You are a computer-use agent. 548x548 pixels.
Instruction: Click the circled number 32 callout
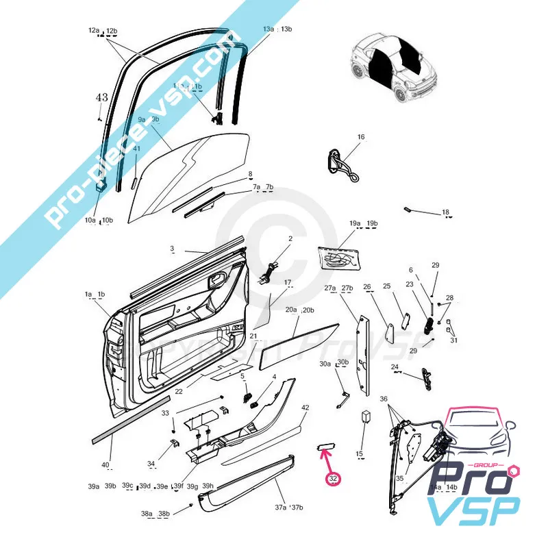(334, 479)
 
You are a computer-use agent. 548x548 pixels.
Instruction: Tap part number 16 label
(361, 137)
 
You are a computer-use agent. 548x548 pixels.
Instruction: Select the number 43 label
(101, 98)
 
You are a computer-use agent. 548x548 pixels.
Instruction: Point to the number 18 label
(445, 212)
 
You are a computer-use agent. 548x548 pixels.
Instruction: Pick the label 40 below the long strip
(105, 466)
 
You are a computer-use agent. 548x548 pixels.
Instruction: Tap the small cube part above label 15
(366, 417)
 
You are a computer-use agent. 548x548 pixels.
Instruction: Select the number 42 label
(305, 408)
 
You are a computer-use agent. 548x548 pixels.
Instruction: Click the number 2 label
(290, 238)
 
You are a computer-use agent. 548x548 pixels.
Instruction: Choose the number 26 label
(366, 287)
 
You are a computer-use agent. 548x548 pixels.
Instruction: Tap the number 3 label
(172, 248)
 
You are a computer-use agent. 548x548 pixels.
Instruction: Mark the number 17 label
(288, 282)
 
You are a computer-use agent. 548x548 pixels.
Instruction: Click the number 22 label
(179, 392)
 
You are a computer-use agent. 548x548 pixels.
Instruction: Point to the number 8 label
(250, 174)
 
